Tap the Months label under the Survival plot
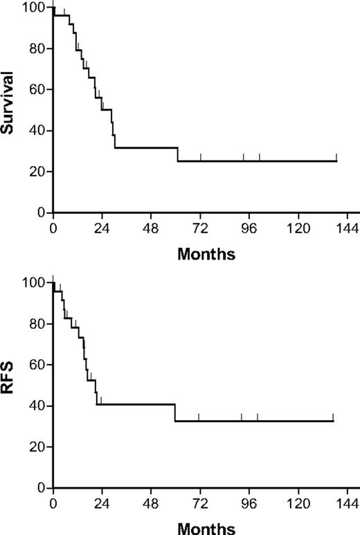click(x=206, y=253)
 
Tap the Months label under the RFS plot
click(x=206, y=527)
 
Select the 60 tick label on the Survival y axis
click(x=38, y=89)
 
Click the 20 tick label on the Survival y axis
click(x=38, y=171)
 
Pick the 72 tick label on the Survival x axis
click(x=201, y=227)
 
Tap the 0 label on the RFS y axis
click(x=42, y=487)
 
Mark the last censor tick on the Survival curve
click(x=336, y=157)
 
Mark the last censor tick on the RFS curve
click(x=334, y=417)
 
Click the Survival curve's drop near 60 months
click(x=178, y=154)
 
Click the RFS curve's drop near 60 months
click(x=175, y=412)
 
